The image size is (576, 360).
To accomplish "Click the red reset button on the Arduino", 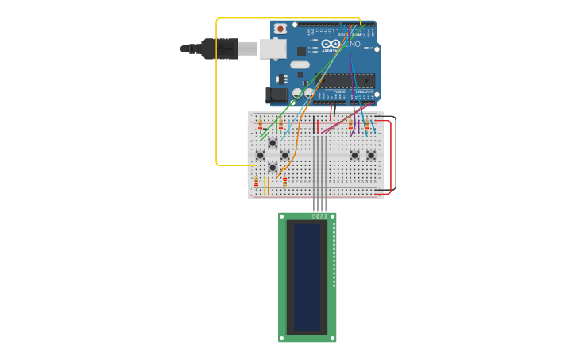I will pyautogui.click(x=280, y=29).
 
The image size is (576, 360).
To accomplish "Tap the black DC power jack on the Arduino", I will pyautogui.click(x=277, y=95).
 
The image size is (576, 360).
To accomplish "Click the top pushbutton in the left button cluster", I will pyautogui.click(x=273, y=143).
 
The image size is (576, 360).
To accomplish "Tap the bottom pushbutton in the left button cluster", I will pyautogui.click(x=273, y=168).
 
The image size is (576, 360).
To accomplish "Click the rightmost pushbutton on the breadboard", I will pyautogui.click(x=371, y=155).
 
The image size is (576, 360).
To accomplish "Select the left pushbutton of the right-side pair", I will pyautogui.click(x=354, y=155).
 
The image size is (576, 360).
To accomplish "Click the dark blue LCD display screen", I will pyautogui.click(x=307, y=277).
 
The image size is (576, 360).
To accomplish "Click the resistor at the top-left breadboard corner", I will pyautogui.click(x=260, y=125).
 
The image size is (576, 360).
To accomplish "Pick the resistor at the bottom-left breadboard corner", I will pyautogui.click(x=256, y=183).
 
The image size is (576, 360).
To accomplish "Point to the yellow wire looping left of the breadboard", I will pyautogui.click(x=216, y=95).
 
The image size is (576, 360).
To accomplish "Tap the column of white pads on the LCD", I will pyautogui.click(x=334, y=254).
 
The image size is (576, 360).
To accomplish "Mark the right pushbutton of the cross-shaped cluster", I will pyautogui.click(x=285, y=155).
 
